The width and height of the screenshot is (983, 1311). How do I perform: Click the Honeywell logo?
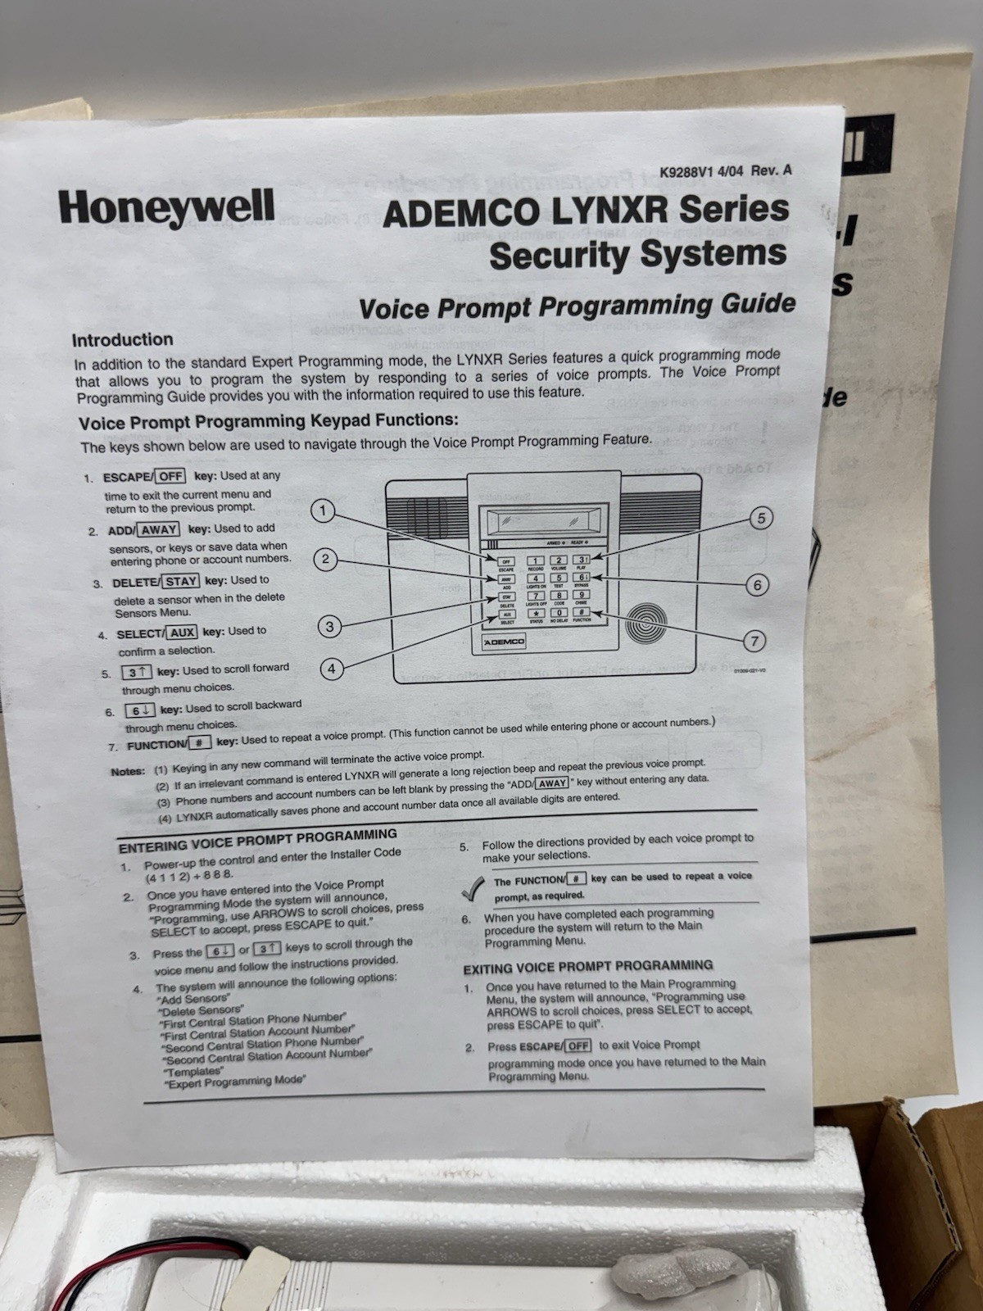click(x=166, y=207)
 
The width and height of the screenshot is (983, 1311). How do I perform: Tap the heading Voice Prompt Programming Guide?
click(x=577, y=306)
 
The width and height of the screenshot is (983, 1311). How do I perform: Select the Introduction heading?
click(x=122, y=340)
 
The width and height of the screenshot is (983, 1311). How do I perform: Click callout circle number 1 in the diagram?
click(x=323, y=511)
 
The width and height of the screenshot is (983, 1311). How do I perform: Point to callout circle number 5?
click(x=761, y=518)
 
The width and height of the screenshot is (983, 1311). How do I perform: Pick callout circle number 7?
click(x=754, y=641)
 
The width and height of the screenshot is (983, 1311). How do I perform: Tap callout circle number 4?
click(x=331, y=669)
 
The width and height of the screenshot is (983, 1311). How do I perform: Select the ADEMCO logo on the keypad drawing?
click(x=504, y=642)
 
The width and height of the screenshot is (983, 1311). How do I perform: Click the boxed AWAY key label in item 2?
click(x=159, y=529)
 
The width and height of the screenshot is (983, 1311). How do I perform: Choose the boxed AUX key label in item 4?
click(x=182, y=633)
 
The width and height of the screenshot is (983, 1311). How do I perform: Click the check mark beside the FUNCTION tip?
click(x=473, y=887)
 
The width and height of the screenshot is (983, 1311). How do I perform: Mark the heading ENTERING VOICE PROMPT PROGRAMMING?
click(x=257, y=840)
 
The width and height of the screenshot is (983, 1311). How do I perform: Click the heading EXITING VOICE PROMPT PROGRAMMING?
click(x=587, y=967)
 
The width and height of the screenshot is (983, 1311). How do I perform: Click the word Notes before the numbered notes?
click(x=128, y=771)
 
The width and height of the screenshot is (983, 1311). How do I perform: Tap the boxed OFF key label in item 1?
click(x=170, y=477)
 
